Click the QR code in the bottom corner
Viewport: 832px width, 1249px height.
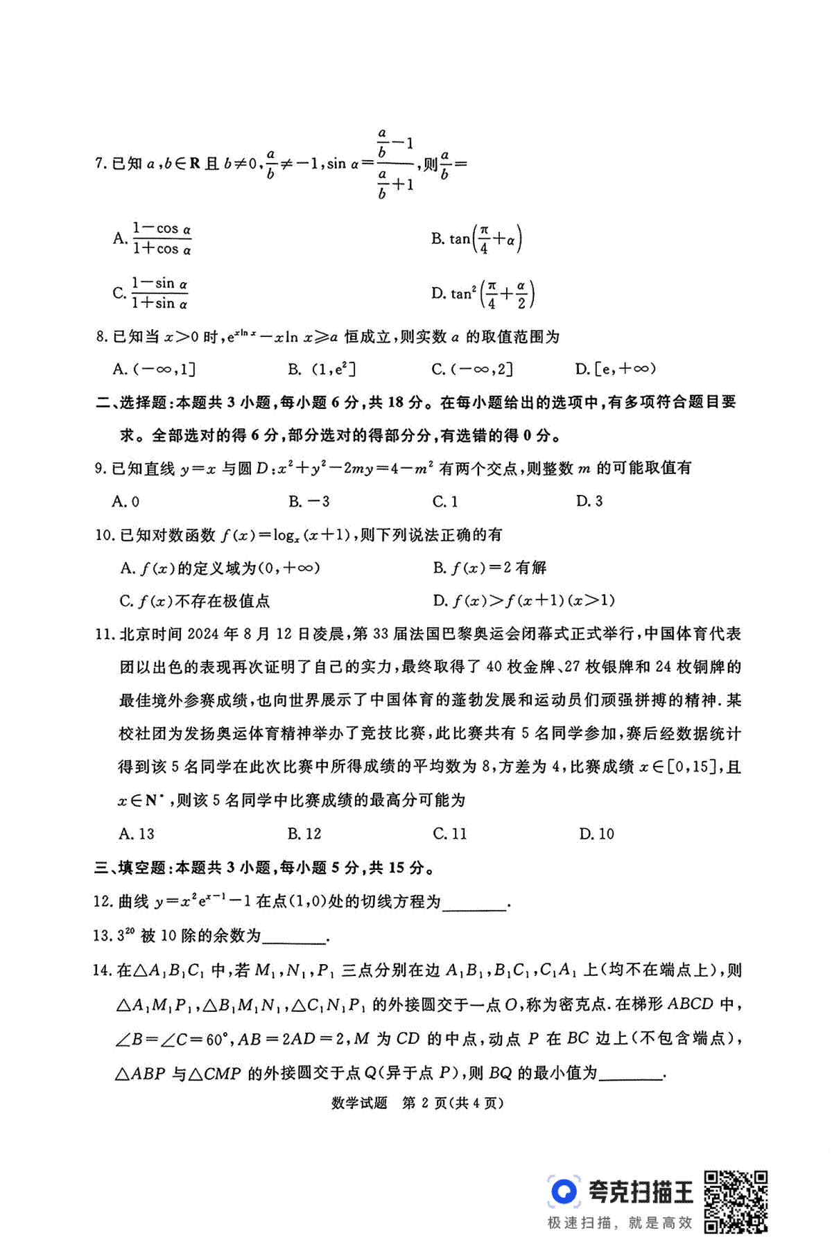[x=736, y=1202]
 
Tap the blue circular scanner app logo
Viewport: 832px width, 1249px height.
[x=564, y=1191]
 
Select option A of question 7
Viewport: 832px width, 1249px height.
[x=153, y=238]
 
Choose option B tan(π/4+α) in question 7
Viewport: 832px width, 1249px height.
[x=476, y=239]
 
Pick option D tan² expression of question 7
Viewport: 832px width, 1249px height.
[x=483, y=294]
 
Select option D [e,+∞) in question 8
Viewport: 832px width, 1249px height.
[x=616, y=369]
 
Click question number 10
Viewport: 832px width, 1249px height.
[x=103, y=535]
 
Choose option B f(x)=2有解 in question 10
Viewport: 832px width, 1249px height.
[x=489, y=568]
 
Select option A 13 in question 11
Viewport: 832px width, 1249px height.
[x=137, y=834]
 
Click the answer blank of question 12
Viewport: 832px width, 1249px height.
[x=475, y=903]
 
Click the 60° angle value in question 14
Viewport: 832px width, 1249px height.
[x=216, y=1040]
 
